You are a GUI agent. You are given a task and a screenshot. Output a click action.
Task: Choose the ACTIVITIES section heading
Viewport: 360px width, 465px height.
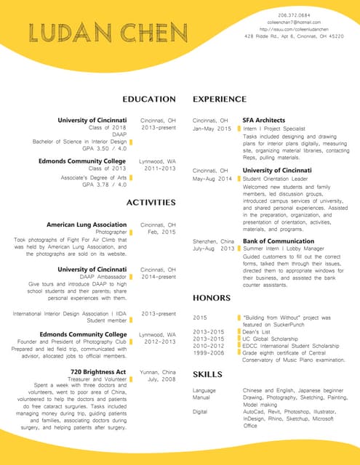click(151, 202)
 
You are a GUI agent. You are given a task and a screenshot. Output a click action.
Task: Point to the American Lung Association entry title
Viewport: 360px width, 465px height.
click(87, 225)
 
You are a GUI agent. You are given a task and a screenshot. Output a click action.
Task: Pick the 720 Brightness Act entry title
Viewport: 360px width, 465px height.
click(98, 372)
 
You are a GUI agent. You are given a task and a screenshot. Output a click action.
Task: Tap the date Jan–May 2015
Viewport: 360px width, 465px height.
click(212, 129)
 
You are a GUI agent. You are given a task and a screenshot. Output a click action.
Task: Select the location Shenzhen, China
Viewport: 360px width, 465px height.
click(213, 240)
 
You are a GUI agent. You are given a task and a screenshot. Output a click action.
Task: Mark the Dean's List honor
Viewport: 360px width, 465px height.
click(256, 331)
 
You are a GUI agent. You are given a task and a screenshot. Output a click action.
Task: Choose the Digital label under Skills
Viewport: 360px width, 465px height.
click(200, 411)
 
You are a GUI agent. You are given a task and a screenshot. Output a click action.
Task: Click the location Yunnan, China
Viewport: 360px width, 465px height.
click(158, 371)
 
